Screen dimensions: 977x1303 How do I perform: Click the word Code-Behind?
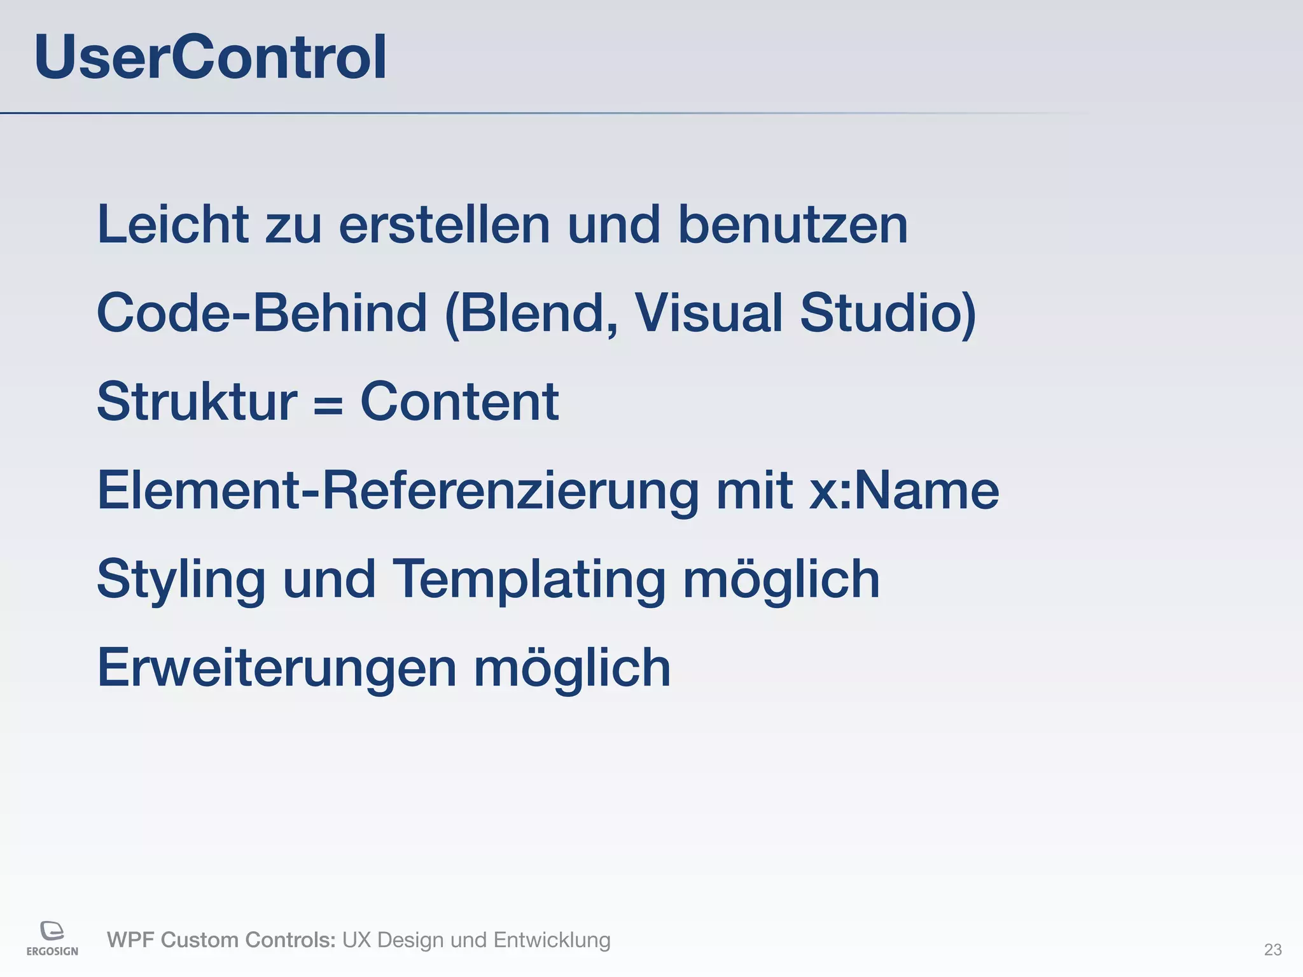pos(261,313)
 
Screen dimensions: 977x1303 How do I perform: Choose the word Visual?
pos(709,313)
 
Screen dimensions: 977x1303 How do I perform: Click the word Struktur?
pos(197,402)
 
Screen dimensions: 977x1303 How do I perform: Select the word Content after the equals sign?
pos(459,402)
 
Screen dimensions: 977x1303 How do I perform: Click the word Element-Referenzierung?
pos(398,491)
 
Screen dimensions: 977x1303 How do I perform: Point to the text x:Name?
pos(903,491)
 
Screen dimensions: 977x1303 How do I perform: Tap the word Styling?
pos(181,580)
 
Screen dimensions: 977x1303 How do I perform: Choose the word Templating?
pos(528,580)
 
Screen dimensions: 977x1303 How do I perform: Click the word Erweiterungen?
pos(277,669)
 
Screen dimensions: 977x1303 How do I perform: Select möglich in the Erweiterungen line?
pos(572,669)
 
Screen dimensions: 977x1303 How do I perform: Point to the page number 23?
pos(1272,950)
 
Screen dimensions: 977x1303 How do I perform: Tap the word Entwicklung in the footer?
pos(552,940)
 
